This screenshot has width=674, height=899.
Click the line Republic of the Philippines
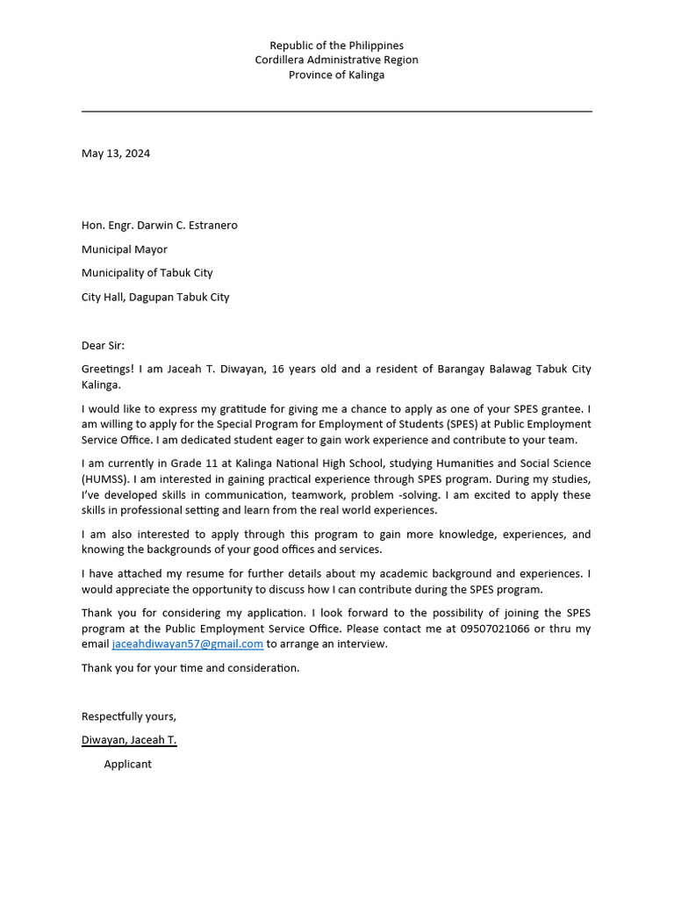[x=336, y=45]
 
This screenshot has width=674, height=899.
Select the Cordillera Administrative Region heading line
[x=336, y=60]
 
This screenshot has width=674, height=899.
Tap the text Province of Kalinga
[x=336, y=75]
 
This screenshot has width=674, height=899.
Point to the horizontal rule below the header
[x=336, y=111]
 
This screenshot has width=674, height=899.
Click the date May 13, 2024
[x=116, y=153]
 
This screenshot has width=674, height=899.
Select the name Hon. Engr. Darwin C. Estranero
[x=159, y=225]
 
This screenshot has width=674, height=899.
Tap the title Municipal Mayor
[x=125, y=249]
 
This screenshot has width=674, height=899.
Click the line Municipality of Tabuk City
[x=147, y=273]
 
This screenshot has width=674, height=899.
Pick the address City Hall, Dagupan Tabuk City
[x=155, y=297]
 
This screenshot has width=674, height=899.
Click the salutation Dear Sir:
[x=104, y=345]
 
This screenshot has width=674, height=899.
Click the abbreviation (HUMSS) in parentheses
[x=107, y=478]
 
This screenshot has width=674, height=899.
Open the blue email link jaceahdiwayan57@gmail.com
[x=188, y=644]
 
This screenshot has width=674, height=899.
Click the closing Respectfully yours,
[x=129, y=716]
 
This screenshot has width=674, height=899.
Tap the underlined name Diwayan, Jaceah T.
[x=129, y=740]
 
